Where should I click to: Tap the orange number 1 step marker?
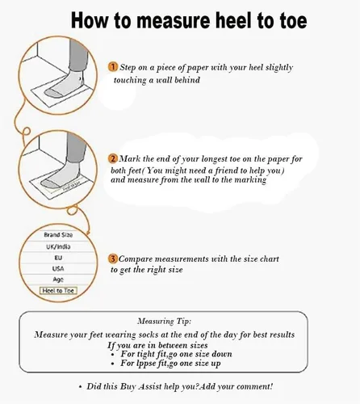pos(113,67)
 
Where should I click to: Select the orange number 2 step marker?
pos(113,158)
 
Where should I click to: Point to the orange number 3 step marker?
pos(113,259)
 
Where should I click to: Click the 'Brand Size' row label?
pos(58,235)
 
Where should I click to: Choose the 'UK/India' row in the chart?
pos(58,246)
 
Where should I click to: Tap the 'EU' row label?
pos(58,258)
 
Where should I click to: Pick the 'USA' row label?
pos(58,268)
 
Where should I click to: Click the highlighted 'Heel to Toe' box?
pos(58,290)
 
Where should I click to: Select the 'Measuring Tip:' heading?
pos(165,321)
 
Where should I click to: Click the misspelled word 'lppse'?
pos(146,364)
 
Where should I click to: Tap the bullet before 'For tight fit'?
pos(113,355)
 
